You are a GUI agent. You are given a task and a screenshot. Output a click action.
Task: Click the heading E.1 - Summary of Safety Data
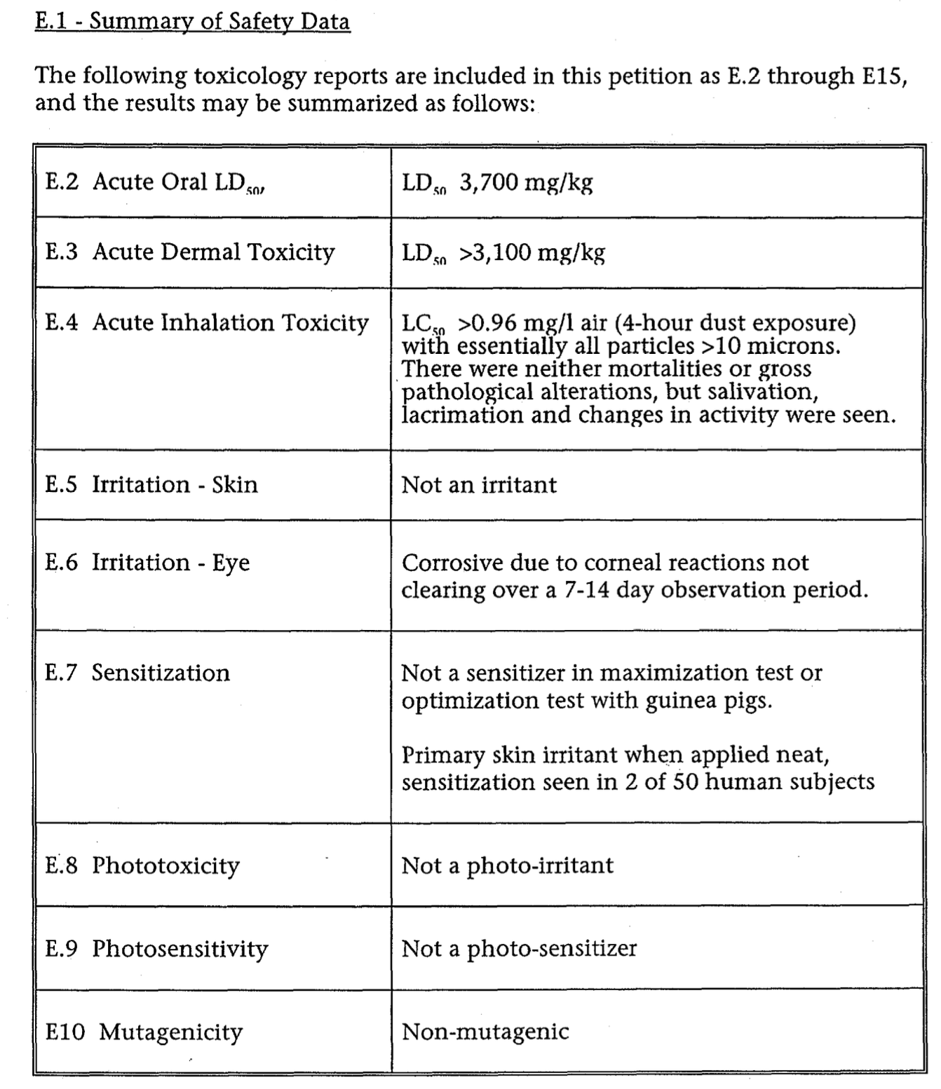(x=192, y=21)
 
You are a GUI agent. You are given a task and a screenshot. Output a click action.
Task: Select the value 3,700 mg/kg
(x=526, y=182)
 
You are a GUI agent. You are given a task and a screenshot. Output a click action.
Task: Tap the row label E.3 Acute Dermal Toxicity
(x=190, y=252)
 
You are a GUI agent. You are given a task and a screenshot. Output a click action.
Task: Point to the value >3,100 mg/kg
(x=532, y=252)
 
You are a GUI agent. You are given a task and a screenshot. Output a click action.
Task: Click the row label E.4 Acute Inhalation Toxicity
(x=207, y=322)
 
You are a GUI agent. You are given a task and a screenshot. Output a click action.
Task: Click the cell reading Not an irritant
(x=479, y=484)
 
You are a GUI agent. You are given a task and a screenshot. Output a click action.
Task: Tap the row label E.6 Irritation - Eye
(x=147, y=563)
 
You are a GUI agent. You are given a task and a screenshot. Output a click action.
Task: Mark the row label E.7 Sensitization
(x=137, y=673)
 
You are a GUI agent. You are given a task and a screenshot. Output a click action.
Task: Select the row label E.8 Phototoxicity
(x=142, y=865)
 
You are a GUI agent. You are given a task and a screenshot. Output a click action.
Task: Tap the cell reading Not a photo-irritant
(x=507, y=865)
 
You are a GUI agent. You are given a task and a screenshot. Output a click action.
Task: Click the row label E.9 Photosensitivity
(x=156, y=949)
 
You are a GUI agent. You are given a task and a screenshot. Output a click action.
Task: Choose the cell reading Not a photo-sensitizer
(x=519, y=949)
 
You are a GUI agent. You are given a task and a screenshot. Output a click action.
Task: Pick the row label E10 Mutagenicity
(x=144, y=1032)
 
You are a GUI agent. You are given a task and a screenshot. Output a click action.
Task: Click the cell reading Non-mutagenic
(x=485, y=1032)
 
